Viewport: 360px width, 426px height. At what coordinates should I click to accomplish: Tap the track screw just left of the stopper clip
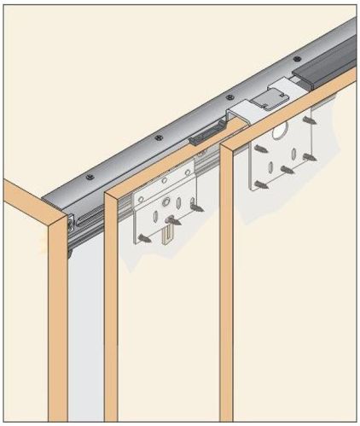coord(158,137)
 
